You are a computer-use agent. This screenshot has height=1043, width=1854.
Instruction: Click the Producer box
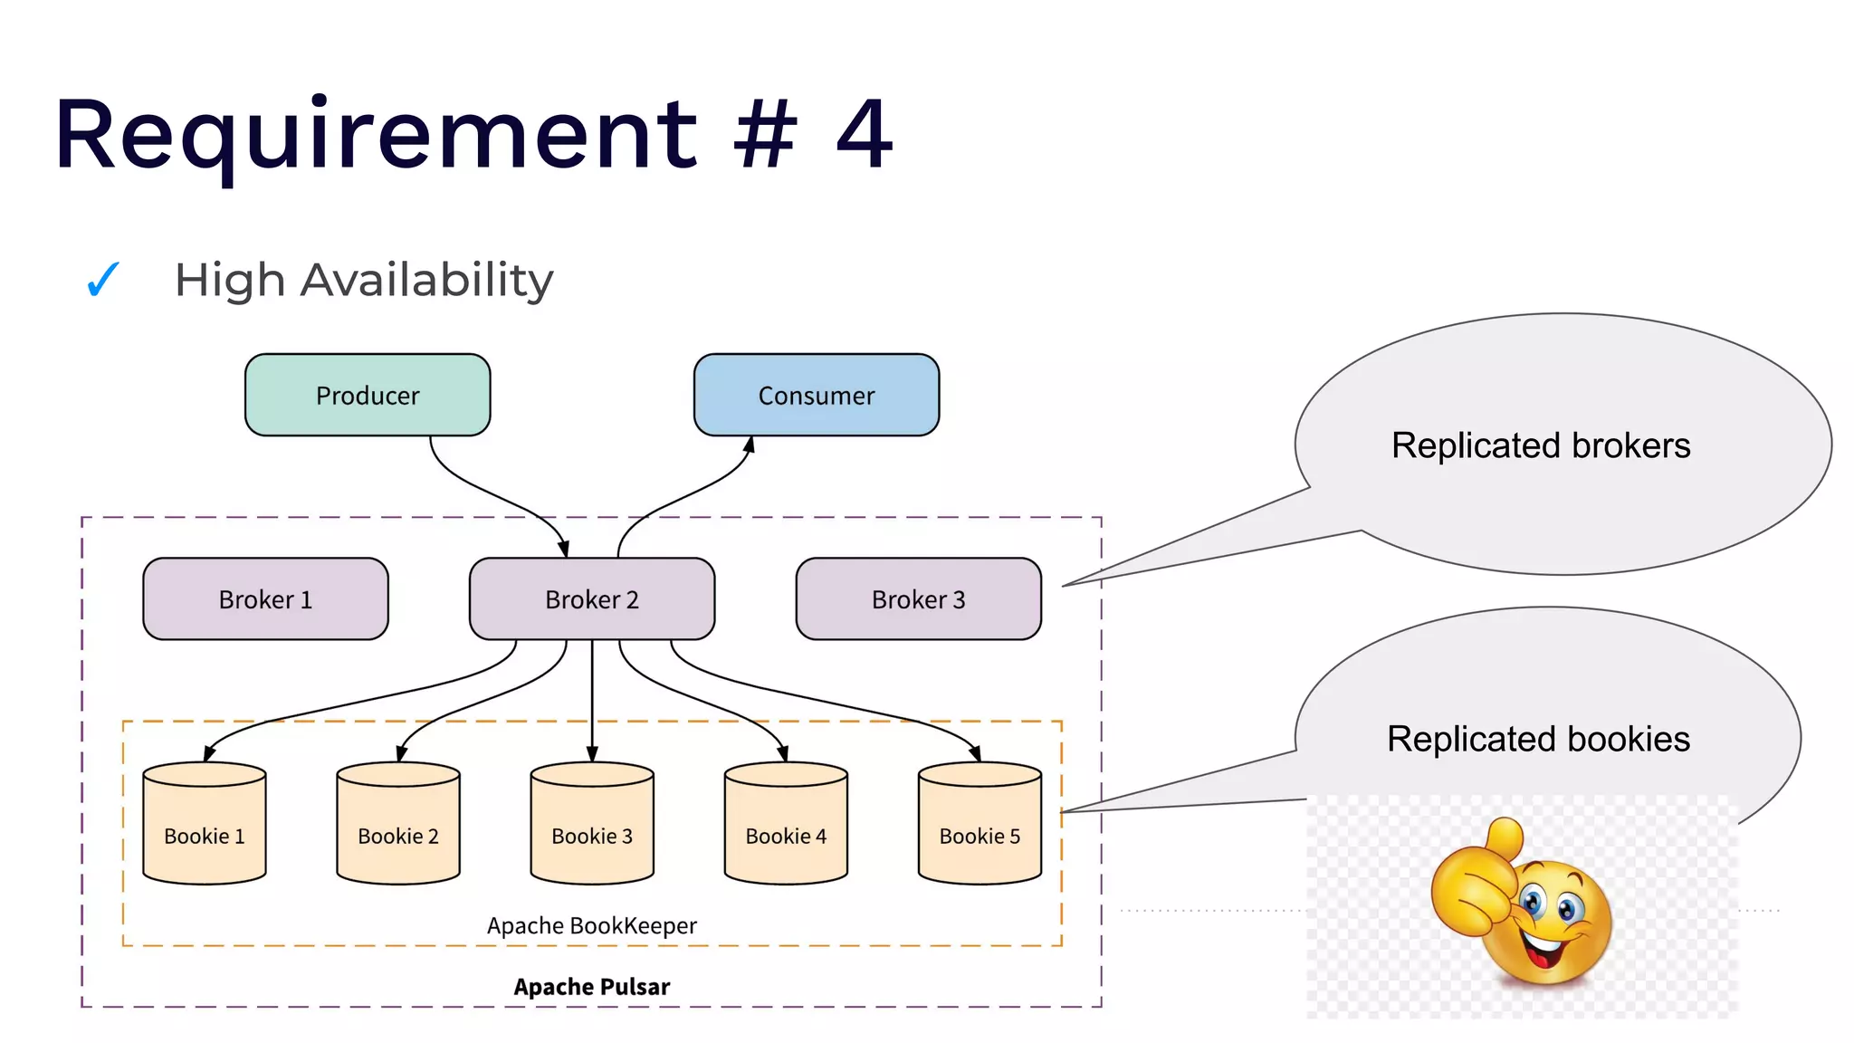(368, 395)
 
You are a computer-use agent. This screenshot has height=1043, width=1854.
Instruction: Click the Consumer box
(816, 395)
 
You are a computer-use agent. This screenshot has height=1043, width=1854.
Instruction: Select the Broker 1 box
(265, 599)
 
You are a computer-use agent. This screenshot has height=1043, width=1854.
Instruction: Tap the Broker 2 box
(591, 599)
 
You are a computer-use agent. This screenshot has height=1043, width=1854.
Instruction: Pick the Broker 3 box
(918, 599)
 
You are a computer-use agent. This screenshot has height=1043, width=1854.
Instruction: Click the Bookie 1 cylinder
(205, 824)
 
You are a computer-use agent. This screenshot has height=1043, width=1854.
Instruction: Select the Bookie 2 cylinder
(398, 824)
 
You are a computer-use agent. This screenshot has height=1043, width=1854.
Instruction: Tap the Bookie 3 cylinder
(592, 824)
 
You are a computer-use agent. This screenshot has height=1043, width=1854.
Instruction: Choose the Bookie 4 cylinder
(786, 824)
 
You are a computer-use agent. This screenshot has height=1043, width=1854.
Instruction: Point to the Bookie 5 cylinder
(980, 824)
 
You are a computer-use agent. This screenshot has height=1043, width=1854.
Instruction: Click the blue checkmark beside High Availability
(102, 280)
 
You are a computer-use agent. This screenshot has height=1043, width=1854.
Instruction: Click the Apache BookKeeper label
(591, 925)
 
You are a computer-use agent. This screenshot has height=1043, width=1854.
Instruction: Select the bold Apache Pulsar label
(591, 987)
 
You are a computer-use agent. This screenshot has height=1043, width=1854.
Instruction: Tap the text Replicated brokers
(1540, 445)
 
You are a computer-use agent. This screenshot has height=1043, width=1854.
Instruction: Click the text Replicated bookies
(1538, 739)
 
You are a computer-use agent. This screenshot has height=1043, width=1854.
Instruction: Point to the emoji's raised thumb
(1504, 837)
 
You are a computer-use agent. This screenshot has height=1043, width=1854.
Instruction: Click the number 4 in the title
(864, 135)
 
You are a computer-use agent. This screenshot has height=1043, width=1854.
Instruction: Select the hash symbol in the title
(765, 135)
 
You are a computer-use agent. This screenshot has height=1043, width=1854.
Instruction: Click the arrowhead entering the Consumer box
(750, 445)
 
